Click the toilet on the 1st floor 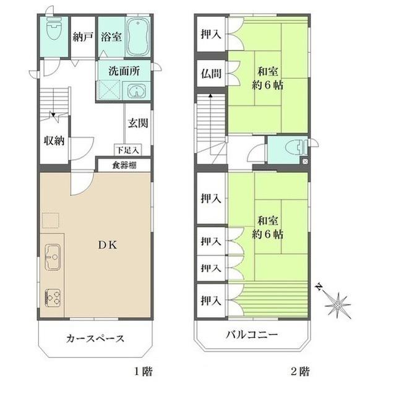point(54,29)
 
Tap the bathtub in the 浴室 point(137,37)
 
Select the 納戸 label point(83,37)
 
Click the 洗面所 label point(124,71)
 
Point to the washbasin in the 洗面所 point(136,91)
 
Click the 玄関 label point(138,123)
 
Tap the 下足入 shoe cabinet point(128,150)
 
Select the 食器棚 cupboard point(124,165)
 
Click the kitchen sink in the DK point(53,257)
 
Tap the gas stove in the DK point(53,297)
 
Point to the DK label point(108,245)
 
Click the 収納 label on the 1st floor point(54,141)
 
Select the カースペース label point(95,338)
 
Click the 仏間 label point(211,74)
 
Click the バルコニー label point(252,335)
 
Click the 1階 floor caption point(144,371)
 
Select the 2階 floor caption point(300,371)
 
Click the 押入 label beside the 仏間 point(211,34)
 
